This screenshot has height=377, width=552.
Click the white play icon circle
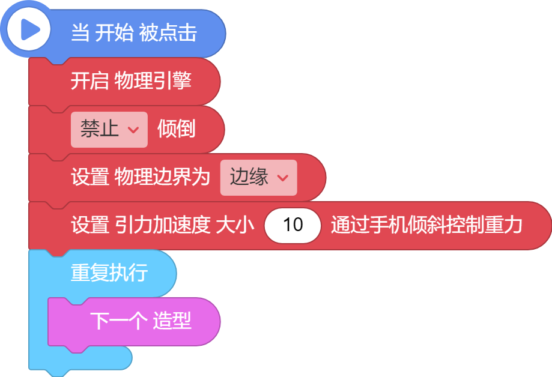tap(28, 29)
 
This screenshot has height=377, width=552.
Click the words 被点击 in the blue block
tap(168, 33)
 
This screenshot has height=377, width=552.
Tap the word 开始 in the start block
tap(114, 33)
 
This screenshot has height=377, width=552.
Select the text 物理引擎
tap(153, 80)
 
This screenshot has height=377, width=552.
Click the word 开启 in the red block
tap(89, 80)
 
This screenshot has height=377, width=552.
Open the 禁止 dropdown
tap(109, 130)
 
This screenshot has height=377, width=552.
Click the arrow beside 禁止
tap(133, 130)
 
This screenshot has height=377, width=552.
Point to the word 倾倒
tap(177, 129)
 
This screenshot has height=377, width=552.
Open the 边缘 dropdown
tap(258, 178)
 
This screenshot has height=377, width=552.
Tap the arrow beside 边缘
tap(283, 178)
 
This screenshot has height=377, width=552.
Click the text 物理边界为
tap(162, 176)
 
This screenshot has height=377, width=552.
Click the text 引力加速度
tap(162, 225)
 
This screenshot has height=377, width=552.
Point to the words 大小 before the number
tap(235, 225)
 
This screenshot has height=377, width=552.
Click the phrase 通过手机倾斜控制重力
tap(426, 225)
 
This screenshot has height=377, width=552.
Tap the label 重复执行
tap(109, 273)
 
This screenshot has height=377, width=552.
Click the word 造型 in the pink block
tap(172, 321)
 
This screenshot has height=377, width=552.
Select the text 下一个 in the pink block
tap(119, 321)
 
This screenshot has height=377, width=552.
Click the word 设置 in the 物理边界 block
tap(89, 176)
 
